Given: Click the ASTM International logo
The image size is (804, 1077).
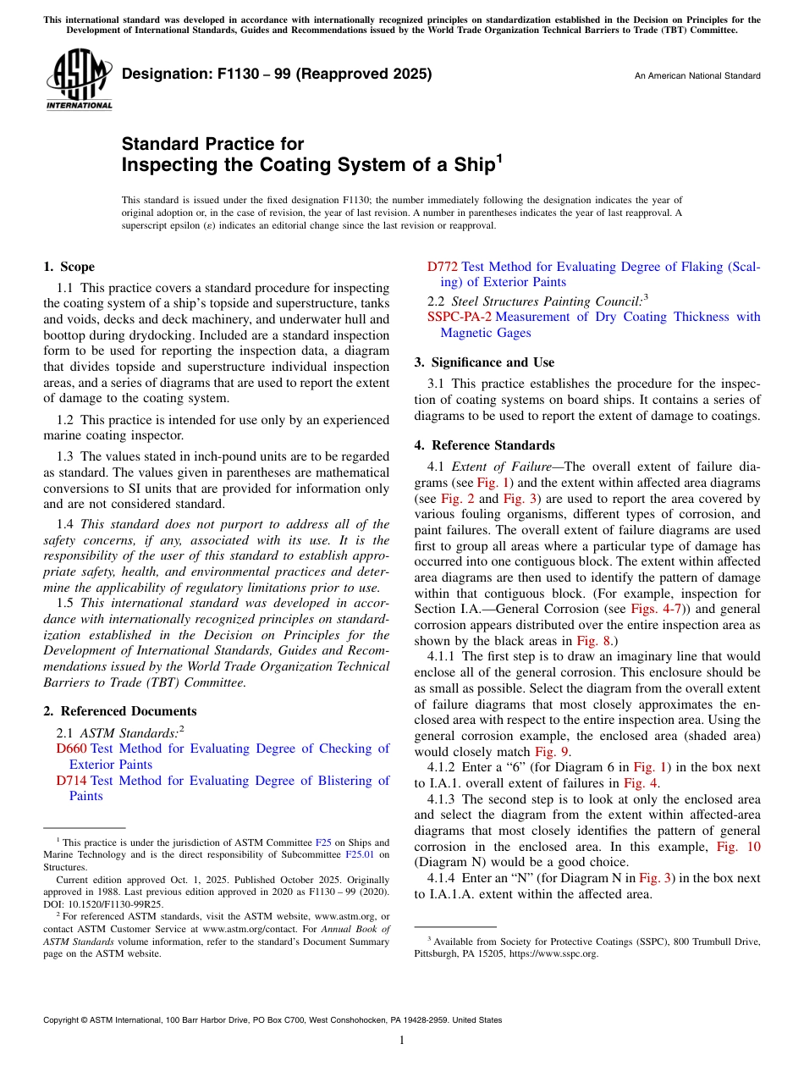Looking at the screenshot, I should coord(79,79).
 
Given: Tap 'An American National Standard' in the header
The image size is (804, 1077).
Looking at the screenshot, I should coord(697,76).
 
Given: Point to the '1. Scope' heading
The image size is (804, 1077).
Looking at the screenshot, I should coord(69,267).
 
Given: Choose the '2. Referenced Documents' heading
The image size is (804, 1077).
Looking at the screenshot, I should coord(119,711).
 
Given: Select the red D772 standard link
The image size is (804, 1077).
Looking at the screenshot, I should coord(443,267).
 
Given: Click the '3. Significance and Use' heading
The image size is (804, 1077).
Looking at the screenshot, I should coord(484,362).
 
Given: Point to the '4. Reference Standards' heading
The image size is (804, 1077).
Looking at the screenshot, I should coord(484,445).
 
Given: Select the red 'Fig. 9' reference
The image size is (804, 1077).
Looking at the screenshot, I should coord(552,752).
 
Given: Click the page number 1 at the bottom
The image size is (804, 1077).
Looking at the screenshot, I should coord(402,1040).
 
